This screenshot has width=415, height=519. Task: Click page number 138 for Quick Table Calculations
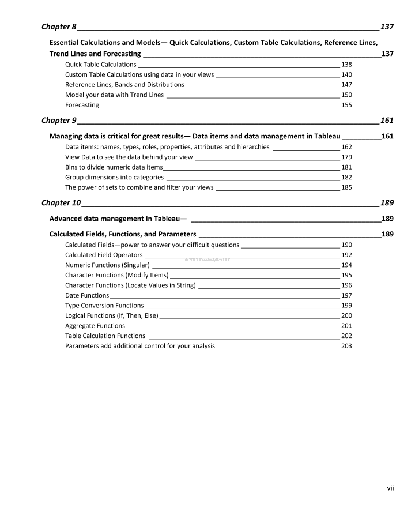(x=346, y=65)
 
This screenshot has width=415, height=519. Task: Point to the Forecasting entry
(x=82, y=105)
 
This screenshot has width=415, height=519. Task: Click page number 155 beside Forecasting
(x=346, y=105)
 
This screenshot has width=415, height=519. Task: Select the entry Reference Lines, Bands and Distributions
(x=124, y=84)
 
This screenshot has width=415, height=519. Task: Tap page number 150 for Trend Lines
(x=346, y=95)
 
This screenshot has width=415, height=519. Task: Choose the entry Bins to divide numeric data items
(x=114, y=167)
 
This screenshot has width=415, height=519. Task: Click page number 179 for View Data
(x=346, y=157)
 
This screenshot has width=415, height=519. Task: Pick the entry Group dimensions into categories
(x=114, y=178)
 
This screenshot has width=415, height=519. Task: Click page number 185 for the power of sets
(x=346, y=187)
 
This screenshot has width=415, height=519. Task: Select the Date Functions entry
(x=87, y=295)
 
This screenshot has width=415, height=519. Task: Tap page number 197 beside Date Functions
(x=346, y=295)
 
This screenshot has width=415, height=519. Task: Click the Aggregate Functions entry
(x=95, y=326)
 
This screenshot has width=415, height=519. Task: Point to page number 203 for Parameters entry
(x=346, y=346)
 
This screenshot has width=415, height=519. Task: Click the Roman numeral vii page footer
(x=390, y=488)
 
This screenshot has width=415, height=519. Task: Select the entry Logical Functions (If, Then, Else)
(x=112, y=315)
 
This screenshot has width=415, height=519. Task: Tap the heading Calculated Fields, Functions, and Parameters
(x=123, y=234)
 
